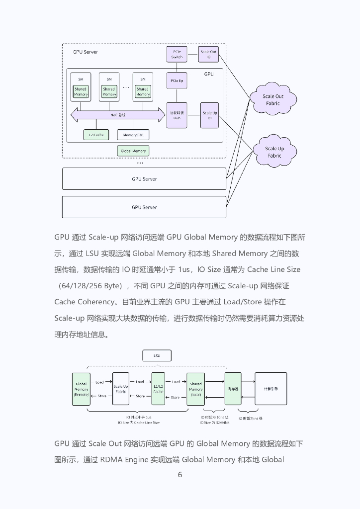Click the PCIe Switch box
pos(177,54)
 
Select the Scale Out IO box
pos(209,54)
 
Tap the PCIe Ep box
pos(177,81)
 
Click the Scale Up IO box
pos(209,115)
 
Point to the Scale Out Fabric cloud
pos(272,99)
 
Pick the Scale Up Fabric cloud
pos(274,152)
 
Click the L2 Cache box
pos(96,135)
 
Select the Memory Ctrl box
pos(133,135)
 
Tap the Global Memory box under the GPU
pos(133,151)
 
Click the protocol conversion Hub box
pos(177,115)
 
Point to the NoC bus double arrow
pos(118,115)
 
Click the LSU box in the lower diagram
pos(157,355)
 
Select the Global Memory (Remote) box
pos(81,389)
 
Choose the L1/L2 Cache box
pos(158,389)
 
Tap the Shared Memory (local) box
pos(195,389)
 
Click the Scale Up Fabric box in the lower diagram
pos(121,389)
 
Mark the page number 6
pos(180,475)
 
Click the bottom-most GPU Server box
pos(144,207)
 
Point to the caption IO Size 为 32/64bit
pos(214,423)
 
